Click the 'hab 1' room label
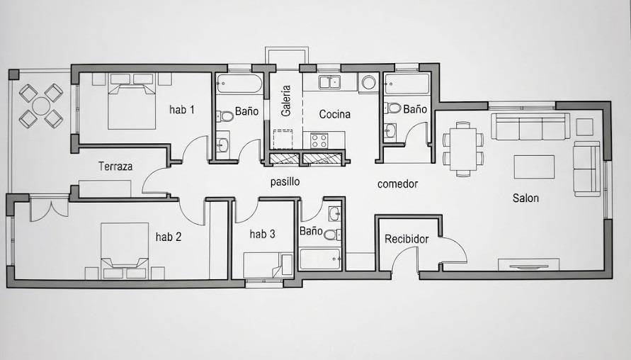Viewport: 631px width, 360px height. coord(182,109)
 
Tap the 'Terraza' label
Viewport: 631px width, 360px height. coord(115,166)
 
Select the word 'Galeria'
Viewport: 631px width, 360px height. coord(285,101)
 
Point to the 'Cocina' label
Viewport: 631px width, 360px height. coord(335,114)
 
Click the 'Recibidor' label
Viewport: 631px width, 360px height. coord(407,239)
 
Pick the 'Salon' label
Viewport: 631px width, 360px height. coord(525,198)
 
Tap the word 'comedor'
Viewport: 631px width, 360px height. coord(397,184)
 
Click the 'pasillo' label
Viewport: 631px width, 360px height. coord(285,181)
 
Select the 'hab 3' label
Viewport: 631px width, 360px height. coord(262,234)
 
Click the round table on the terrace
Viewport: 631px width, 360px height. coord(41,106)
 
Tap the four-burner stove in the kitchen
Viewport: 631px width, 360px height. coord(319,140)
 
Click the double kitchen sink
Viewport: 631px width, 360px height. coord(330,82)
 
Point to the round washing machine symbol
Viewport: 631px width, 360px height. coord(369,83)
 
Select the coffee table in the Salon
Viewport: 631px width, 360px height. coord(534,167)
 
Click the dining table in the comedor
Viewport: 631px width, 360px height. coord(462,149)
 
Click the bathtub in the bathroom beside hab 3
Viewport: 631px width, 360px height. coord(320,259)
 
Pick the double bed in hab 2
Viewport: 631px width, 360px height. coord(125,251)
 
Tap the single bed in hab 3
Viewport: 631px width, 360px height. coord(268,264)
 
